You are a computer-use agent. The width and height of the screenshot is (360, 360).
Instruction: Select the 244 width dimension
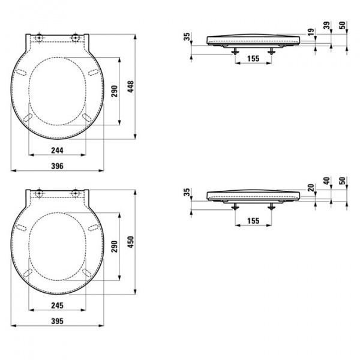[57, 151]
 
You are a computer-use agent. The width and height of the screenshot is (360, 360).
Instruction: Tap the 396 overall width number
[57, 165]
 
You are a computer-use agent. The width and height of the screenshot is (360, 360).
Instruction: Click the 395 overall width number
[57, 321]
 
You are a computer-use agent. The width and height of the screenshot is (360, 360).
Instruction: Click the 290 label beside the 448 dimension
[113, 91]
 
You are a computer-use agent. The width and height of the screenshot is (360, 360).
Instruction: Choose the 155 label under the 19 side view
[253, 58]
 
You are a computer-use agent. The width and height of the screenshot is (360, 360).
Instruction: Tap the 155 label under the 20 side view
[253, 221]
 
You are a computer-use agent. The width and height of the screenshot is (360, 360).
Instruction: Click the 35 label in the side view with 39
[187, 37]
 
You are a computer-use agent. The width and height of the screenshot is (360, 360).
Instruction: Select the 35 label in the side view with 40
[187, 192]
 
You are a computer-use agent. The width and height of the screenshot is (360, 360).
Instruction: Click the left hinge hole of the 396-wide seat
[39, 39]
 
